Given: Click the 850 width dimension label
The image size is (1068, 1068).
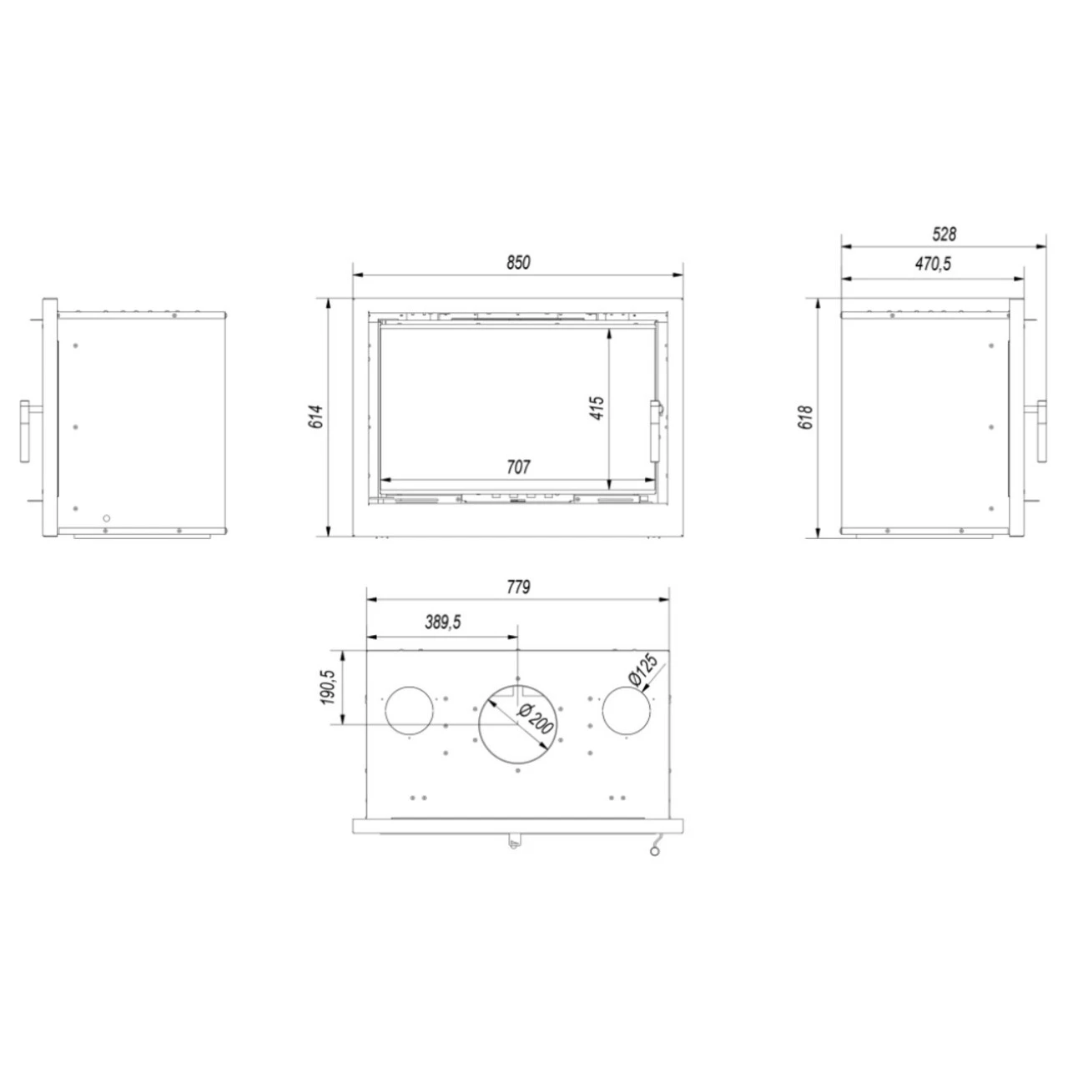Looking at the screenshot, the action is [518, 262].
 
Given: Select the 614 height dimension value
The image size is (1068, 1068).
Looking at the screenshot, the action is [315, 417].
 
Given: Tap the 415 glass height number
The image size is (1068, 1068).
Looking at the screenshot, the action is [597, 408].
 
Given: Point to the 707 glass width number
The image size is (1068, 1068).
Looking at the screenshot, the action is [518, 467].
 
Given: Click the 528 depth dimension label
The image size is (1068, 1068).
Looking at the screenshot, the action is [945, 234].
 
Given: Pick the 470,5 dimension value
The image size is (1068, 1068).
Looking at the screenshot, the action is [934, 264].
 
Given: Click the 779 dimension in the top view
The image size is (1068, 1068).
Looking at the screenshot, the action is [518, 587].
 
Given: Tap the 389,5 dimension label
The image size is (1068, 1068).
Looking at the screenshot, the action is [443, 622].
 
